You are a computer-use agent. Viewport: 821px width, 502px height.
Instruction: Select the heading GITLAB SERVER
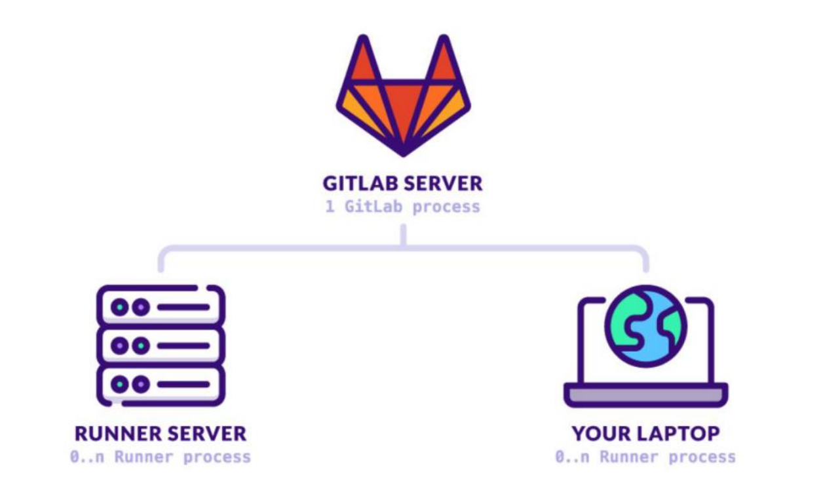402,182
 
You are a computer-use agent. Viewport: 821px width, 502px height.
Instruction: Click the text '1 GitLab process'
402,207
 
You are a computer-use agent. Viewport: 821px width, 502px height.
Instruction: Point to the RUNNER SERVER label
161,434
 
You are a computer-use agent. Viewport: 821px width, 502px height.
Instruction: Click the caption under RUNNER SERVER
161,457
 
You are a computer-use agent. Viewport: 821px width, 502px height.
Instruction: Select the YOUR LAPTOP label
645,434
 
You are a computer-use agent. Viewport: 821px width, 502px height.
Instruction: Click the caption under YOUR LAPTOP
645,457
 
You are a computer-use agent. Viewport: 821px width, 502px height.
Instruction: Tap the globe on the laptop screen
645,325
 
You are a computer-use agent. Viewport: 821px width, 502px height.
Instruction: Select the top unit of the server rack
161,306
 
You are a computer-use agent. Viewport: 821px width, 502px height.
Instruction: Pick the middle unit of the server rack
161,345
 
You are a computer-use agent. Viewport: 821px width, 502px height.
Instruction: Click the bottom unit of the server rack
161,384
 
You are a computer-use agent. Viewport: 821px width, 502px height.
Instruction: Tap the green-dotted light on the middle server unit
140,345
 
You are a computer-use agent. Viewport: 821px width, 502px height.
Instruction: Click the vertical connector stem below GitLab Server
403,235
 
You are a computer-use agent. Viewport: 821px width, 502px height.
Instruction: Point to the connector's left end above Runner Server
161,262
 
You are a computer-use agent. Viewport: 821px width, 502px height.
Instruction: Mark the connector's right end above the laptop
646,262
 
